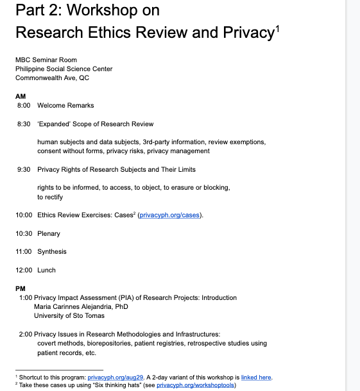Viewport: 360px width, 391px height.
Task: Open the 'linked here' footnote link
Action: (x=256, y=378)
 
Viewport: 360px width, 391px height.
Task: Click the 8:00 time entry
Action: (x=24, y=105)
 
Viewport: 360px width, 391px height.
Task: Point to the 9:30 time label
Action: (x=24, y=169)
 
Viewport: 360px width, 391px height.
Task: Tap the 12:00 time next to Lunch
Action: (x=24, y=270)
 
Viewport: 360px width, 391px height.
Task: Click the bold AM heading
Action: (x=20, y=96)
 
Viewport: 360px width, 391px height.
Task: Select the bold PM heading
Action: (x=20, y=288)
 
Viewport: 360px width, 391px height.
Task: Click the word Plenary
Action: (x=49, y=233)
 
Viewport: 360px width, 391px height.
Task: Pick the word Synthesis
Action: (x=52, y=252)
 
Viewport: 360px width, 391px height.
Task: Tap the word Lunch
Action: (x=46, y=270)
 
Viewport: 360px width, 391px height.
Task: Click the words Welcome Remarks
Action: (x=65, y=105)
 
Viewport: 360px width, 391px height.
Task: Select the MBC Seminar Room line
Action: (x=46, y=60)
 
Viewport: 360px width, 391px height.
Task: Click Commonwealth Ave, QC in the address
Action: (x=52, y=78)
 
